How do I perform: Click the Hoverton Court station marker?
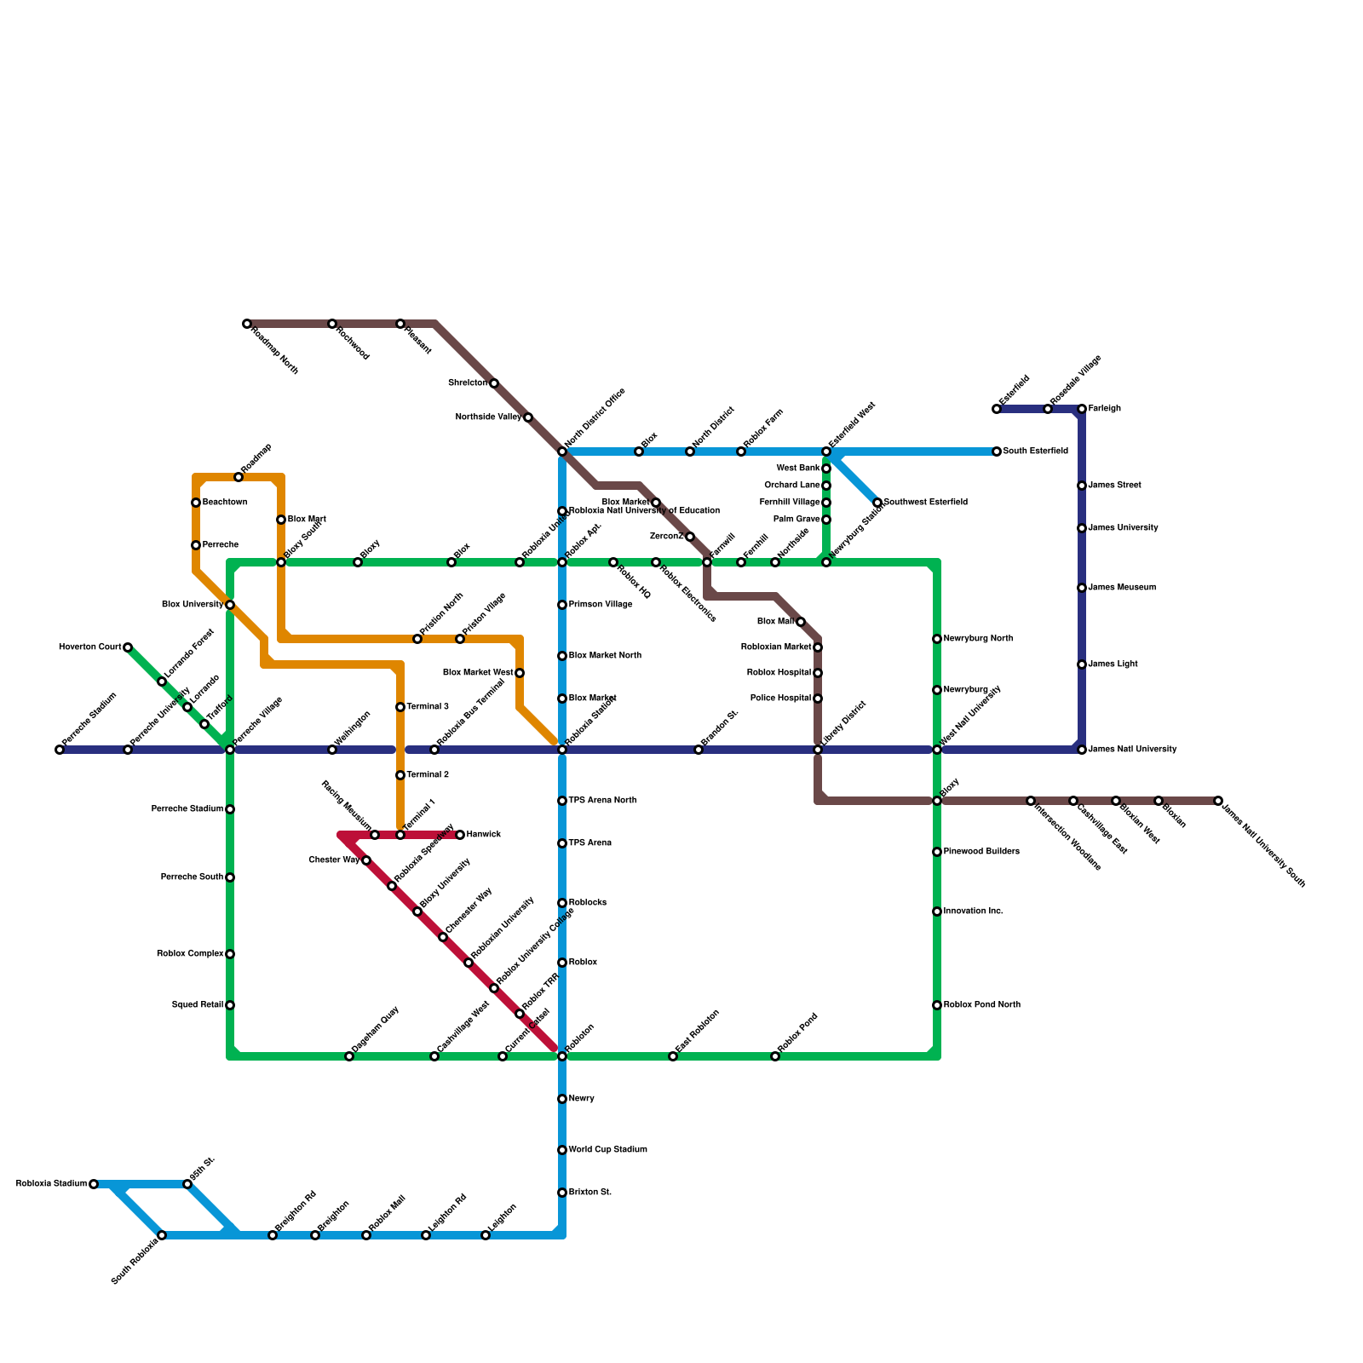128,647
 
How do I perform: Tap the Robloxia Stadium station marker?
94,1184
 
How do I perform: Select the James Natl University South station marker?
1218,801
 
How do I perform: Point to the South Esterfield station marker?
997,451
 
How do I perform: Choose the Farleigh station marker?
1082,409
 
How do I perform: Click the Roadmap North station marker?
247,324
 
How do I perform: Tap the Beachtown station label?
224,503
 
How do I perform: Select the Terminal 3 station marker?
400,707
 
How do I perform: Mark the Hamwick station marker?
460,835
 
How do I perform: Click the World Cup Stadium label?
607,1150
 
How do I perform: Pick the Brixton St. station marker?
562,1193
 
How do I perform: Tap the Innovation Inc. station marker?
937,912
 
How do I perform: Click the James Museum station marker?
1082,588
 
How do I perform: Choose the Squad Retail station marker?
230,1005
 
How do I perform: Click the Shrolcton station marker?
494,383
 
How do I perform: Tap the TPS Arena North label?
602,801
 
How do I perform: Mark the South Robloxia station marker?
162,1235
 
